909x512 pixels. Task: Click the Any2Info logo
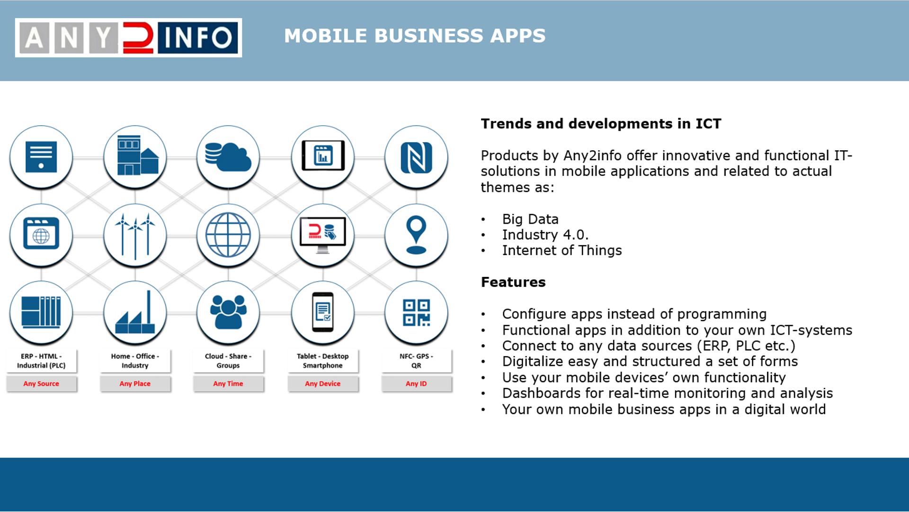128,37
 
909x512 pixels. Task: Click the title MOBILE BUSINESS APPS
415,36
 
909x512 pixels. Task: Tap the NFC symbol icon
416,158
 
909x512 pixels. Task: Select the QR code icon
416,312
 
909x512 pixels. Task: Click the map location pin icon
416,235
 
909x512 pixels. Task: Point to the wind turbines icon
135,236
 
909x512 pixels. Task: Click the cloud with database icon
228,157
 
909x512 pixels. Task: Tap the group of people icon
228,312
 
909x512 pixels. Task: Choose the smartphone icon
323,312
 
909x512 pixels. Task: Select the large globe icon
228,235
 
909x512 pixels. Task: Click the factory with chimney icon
135,312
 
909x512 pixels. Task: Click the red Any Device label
322,384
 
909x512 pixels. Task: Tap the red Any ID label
416,384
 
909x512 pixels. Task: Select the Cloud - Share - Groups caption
228,361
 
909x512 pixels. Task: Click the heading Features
513,282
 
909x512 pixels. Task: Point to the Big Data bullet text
530,219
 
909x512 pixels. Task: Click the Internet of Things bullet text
562,250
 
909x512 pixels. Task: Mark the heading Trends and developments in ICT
601,124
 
